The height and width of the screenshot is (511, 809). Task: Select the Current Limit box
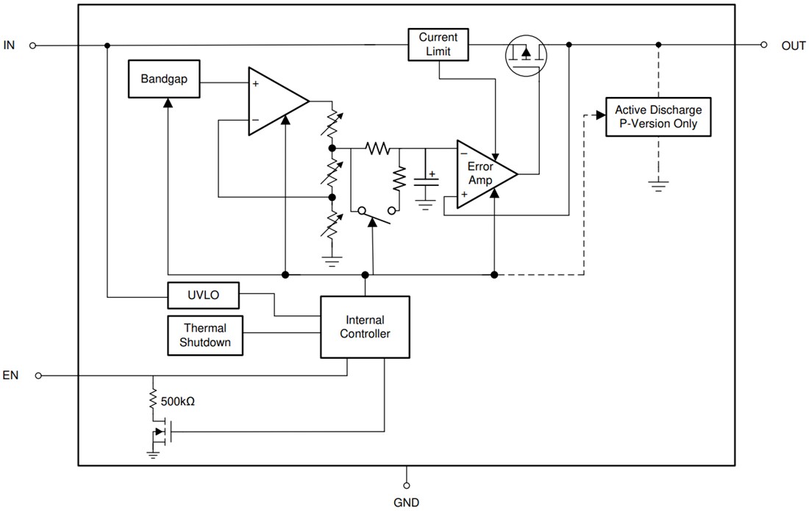438,45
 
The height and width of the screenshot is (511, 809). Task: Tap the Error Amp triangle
482,174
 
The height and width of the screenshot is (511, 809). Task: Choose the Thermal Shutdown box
205,335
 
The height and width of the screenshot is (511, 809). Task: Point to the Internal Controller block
365,327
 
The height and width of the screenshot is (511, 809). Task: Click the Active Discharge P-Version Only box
658,117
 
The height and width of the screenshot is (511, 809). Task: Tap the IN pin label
10,46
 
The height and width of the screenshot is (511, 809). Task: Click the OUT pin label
794,46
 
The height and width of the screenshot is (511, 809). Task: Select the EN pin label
10,376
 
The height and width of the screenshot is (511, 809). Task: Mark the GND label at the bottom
406,503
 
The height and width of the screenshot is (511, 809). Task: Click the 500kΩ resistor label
177,402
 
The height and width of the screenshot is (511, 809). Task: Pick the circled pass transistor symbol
525,54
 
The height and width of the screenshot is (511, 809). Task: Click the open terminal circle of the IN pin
32,46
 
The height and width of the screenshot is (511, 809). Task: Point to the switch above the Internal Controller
372,215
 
